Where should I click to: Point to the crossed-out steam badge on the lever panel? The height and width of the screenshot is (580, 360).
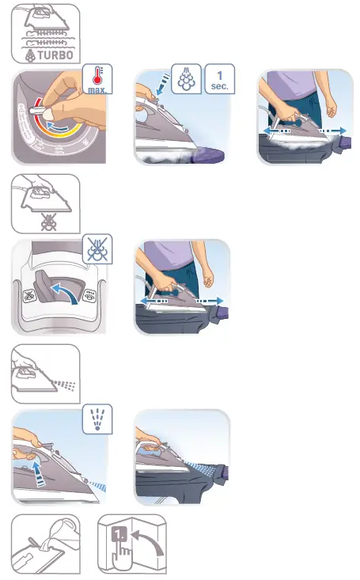pyautogui.click(x=100, y=251)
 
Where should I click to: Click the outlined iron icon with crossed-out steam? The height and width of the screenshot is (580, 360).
pyautogui.click(x=44, y=203)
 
